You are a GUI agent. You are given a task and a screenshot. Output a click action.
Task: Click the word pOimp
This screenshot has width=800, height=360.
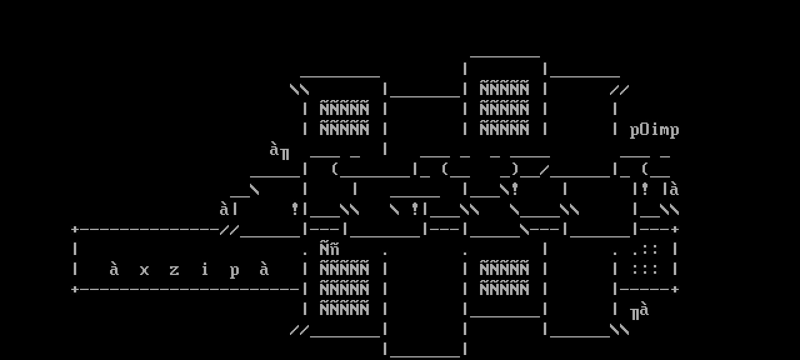pos(654,130)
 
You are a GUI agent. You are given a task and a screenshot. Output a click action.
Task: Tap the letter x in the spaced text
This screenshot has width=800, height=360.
pos(144,270)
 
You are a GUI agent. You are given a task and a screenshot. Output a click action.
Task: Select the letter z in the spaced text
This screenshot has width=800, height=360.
pos(174,270)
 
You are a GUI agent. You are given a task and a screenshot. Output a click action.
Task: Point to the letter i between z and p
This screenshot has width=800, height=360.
pos(204,269)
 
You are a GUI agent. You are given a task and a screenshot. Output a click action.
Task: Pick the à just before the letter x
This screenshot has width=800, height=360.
pos(114,269)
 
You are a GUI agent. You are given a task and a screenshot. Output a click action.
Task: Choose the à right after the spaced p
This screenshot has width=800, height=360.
pos(264,269)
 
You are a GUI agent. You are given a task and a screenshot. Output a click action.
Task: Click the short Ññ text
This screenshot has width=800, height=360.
pos(329,249)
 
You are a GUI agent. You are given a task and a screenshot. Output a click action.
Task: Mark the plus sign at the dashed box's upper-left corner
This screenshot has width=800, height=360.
pos(75,229)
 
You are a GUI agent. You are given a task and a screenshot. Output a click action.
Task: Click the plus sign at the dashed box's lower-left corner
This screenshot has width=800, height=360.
pos(75,289)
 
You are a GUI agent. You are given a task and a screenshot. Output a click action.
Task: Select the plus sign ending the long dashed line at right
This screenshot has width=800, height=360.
pos(675,229)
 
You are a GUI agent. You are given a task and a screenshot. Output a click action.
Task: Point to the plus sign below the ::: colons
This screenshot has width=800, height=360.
pos(675,289)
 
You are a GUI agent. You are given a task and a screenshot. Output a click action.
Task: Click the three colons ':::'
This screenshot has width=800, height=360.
pos(644,269)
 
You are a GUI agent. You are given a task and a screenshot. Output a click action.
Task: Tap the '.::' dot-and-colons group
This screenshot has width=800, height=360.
pos(644,249)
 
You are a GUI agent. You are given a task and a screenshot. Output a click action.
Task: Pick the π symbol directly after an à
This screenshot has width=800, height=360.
pos(284,153)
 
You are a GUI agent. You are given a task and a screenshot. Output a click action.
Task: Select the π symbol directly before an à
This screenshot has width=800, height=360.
pos(634,313)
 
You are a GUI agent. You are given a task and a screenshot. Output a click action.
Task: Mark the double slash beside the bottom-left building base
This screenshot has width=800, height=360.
pos(299,329)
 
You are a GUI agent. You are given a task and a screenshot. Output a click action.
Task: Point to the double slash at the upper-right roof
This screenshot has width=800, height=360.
pos(619,90)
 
